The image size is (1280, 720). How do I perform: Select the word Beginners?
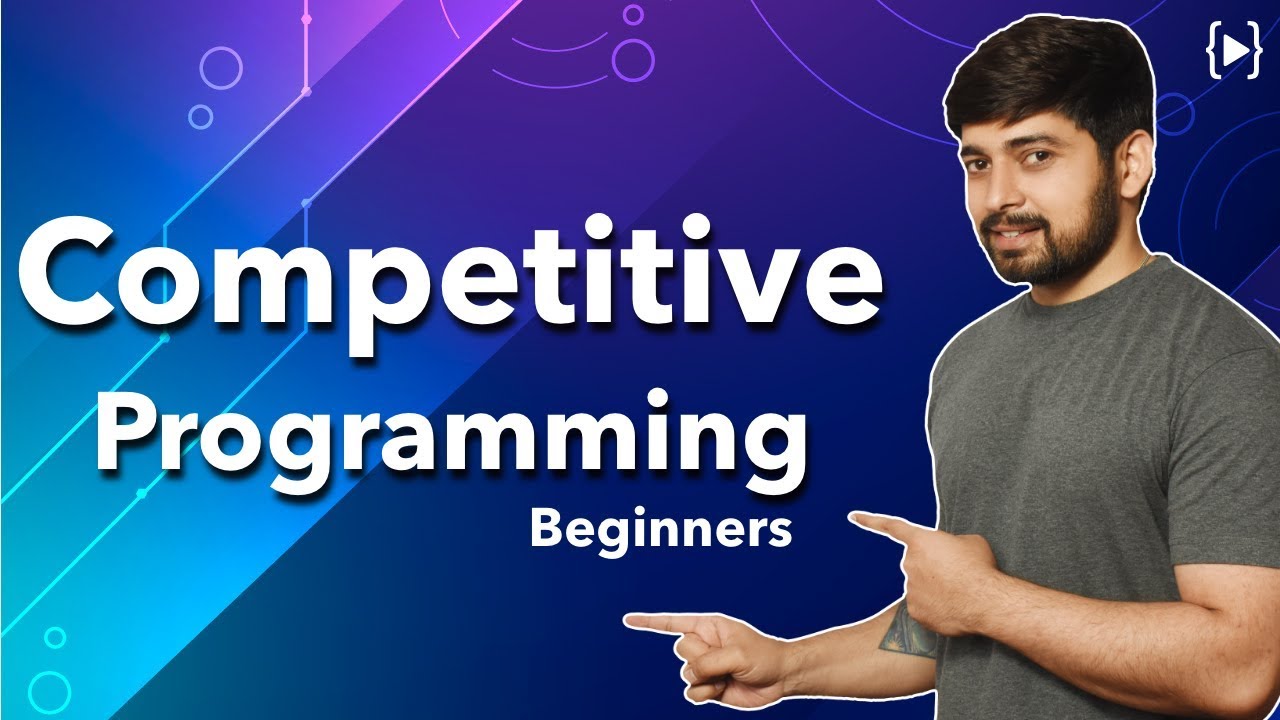(660, 529)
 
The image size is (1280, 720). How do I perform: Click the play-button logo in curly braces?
(1232, 55)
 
